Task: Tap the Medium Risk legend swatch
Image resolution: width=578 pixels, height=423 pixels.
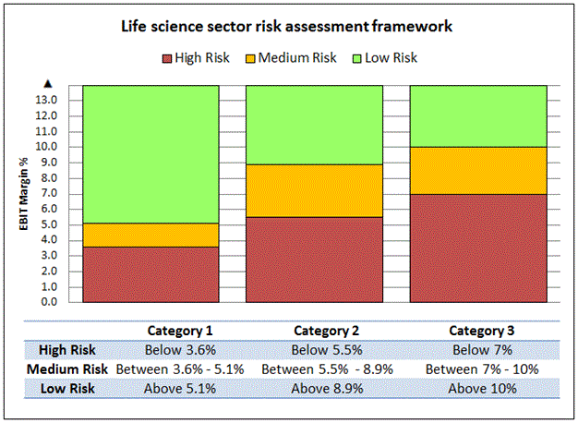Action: coord(251,58)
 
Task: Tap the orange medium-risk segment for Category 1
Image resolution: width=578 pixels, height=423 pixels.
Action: coord(151,235)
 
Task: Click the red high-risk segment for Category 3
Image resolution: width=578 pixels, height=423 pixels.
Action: coord(477,248)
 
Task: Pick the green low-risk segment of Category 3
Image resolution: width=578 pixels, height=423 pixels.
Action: coord(477,116)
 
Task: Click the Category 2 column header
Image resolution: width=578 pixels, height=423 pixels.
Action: coord(327,331)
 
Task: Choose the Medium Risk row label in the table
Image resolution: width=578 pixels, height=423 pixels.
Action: coord(64,369)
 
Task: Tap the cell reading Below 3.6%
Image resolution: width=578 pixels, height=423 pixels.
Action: coord(181,350)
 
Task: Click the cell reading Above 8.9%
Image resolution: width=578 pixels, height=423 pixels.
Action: coord(327,389)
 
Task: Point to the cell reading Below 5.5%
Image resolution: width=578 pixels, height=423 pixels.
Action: coord(327,350)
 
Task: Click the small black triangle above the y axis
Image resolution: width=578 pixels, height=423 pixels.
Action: coord(47,84)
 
